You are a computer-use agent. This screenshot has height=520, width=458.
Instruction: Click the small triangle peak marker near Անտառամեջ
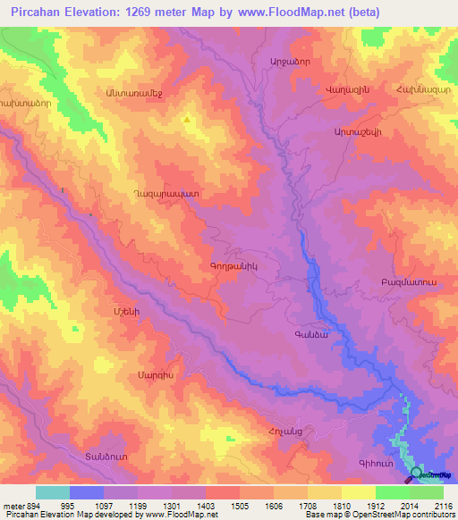point(187,119)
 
